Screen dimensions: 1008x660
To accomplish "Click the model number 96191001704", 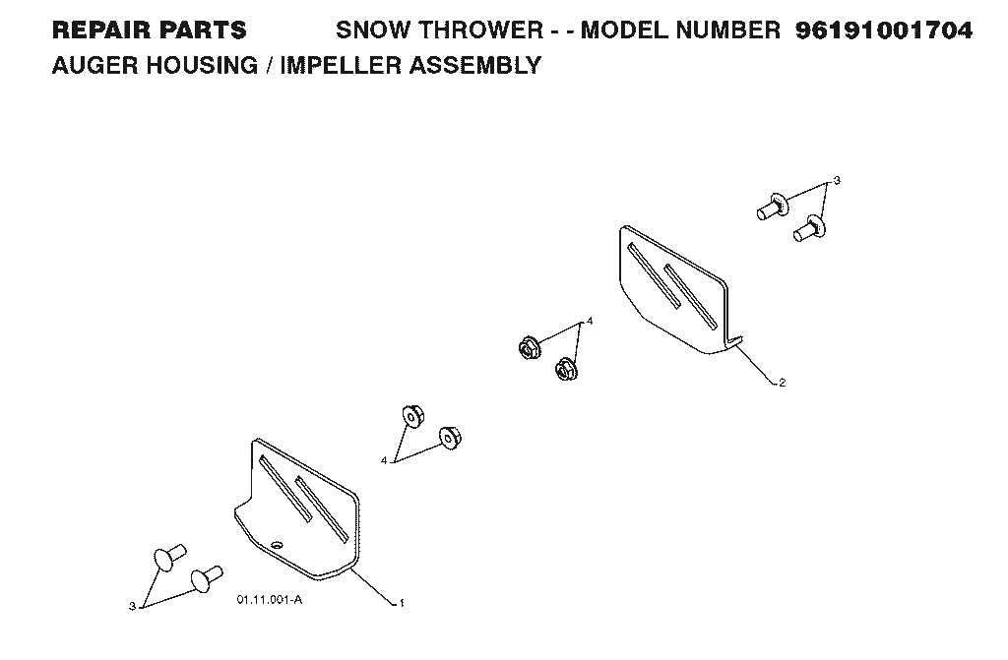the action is (x=884, y=30).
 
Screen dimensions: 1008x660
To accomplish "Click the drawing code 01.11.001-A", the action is (x=270, y=600).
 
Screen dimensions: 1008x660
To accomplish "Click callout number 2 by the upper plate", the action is (x=782, y=383).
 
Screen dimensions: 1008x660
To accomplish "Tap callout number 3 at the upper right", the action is (x=837, y=181).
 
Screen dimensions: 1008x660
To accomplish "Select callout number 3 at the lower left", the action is (x=133, y=605).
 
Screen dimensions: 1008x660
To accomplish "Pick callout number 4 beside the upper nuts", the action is (x=590, y=321).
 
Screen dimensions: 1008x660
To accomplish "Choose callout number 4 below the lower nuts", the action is (x=384, y=460).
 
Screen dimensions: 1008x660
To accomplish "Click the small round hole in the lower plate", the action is (x=277, y=545).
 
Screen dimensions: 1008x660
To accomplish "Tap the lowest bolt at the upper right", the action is (x=809, y=229).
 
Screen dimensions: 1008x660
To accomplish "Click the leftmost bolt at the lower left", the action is (x=169, y=557).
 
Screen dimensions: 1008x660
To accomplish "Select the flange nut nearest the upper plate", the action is (x=566, y=369).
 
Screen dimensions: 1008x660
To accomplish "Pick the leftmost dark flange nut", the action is (x=529, y=347).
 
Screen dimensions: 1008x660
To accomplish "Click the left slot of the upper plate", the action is (x=654, y=275).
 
